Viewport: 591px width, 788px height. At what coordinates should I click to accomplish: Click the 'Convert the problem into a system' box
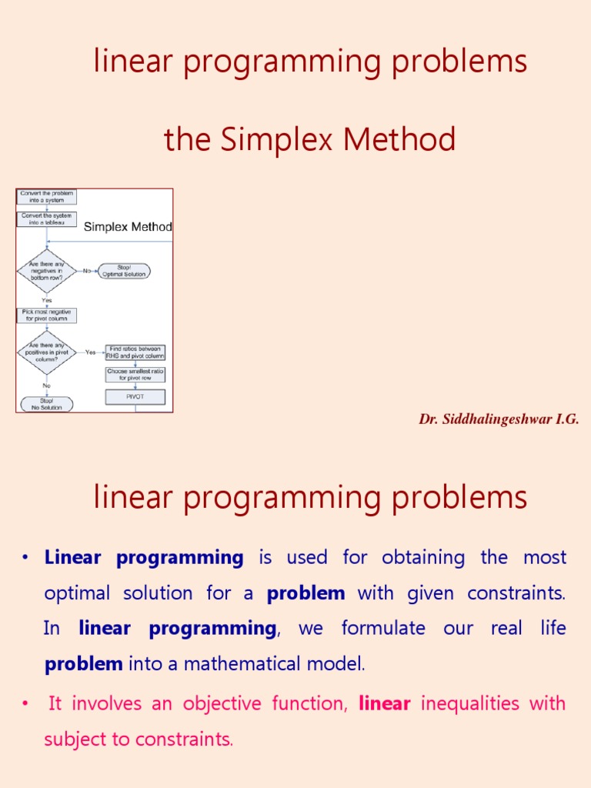pos(47,197)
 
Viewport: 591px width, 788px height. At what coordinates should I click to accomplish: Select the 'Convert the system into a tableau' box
pos(47,219)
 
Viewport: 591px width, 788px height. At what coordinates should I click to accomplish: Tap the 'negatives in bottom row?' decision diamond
pos(47,271)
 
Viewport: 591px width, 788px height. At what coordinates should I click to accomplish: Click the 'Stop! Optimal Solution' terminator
pos(124,271)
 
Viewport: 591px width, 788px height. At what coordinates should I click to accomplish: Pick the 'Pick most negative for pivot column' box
pos(47,316)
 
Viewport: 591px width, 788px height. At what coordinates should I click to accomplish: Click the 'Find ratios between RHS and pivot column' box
pos(135,352)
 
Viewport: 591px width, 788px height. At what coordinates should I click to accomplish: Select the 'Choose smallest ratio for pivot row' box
pos(135,375)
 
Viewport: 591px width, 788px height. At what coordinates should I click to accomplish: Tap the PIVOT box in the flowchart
pos(135,397)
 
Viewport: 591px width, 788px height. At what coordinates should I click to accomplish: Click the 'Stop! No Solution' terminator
pos(46,404)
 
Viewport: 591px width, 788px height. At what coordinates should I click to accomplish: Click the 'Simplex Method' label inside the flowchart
pos(128,227)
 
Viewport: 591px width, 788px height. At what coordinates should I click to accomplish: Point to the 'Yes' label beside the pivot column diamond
pos(91,352)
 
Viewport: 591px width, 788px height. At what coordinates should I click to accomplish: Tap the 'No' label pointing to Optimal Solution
pos(87,271)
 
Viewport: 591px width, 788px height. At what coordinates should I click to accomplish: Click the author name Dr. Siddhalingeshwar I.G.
pos(499,419)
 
